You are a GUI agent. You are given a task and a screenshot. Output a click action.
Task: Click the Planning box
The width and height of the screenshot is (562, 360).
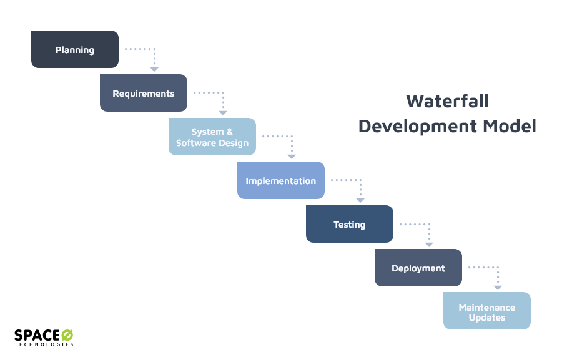tap(75, 49)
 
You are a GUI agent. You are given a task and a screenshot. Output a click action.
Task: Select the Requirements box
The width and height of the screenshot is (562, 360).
tap(144, 93)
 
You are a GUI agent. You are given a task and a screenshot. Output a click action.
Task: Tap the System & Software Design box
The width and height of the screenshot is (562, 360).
tap(212, 137)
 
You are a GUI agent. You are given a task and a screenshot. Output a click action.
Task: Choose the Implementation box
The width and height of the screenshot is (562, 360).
tap(281, 180)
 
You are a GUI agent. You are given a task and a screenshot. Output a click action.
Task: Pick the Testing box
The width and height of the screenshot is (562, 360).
tap(350, 224)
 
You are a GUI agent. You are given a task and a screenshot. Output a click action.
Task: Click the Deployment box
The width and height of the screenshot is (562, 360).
tap(418, 268)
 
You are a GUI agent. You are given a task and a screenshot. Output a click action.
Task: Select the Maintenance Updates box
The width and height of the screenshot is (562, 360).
tap(487, 311)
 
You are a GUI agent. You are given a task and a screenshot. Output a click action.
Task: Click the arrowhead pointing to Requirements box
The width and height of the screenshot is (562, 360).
tap(154, 69)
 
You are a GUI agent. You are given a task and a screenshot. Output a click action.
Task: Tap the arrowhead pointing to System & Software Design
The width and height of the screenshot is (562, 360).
tap(223, 112)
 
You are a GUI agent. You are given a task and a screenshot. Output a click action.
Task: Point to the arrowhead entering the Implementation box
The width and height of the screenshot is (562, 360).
tap(292, 156)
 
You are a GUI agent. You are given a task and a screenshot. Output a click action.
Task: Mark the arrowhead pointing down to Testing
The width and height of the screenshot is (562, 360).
tap(360, 200)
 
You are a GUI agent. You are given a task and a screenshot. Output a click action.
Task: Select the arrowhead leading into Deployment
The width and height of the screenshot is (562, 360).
tap(429, 243)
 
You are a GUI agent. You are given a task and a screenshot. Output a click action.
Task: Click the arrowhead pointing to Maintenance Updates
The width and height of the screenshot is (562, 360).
tap(498, 287)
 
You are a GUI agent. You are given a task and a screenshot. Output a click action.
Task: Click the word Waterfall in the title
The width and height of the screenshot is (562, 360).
tap(447, 101)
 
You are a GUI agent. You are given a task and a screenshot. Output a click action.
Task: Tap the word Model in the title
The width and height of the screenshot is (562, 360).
tap(508, 126)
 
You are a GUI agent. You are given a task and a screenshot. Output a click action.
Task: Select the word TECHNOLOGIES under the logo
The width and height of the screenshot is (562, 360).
tap(44, 344)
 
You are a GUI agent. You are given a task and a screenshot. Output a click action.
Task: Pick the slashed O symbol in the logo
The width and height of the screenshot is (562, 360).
tap(67, 335)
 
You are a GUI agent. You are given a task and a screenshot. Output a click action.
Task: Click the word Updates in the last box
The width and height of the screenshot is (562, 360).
tap(487, 318)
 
